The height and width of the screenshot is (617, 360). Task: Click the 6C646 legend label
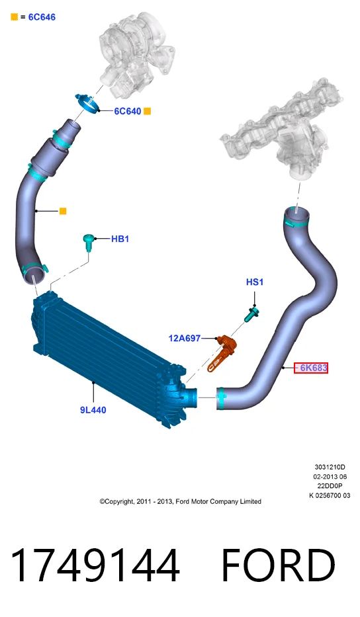pos(42,17)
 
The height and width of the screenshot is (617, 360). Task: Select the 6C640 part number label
pos(127,111)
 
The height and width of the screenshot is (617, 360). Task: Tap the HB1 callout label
pos(120,239)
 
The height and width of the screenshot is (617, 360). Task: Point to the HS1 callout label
pos(254,282)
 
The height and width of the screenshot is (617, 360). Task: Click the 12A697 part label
pos(185,338)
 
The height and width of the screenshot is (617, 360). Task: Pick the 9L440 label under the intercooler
pos(93,410)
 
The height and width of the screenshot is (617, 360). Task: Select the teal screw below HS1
pos(251,315)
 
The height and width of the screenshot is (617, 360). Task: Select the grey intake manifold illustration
pos(283,130)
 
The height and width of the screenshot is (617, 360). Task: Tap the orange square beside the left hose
pos(63,212)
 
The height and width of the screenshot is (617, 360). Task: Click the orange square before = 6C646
pos(14,17)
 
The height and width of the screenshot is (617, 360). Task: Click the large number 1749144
pos(95,565)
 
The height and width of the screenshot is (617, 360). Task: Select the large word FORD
pos(278,565)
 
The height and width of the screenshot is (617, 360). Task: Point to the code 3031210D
pos(330,467)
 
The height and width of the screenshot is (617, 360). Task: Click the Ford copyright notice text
pos(181,501)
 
